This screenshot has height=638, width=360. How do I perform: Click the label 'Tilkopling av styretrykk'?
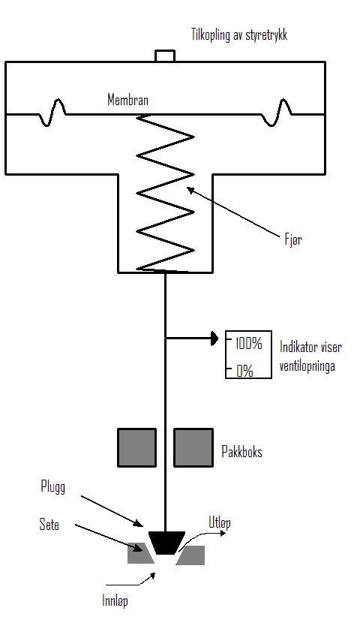click(x=239, y=35)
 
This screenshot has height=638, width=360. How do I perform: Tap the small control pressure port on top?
click(x=165, y=56)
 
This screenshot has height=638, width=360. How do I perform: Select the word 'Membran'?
click(x=127, y=100)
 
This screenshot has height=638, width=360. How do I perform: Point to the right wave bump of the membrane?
click(x=277, y=112)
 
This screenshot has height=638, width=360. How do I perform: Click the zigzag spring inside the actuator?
click(x=165, y=193)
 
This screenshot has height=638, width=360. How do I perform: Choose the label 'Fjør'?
click(x=293, y=239)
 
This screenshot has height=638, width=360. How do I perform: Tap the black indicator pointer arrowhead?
click(x=214, y=338)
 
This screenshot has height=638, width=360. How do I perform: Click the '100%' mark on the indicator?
click(x=248, y=344)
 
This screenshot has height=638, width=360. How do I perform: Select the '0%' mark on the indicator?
click(x=245, y=371)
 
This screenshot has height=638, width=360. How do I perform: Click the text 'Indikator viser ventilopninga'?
click(x=310, y=357)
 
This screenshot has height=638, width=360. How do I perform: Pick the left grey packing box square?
click(x=136, y=447)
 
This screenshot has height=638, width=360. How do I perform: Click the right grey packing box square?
click(x=193, y=447)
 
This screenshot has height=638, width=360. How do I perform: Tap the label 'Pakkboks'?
click(x=241, y=452)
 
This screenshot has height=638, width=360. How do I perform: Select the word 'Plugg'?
click(x=53, y=487)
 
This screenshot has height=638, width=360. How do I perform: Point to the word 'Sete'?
click(x=49, y=525)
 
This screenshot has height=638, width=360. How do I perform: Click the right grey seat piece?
click(x=190, y=555)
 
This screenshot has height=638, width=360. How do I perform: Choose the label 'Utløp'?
click(x=220, y=522)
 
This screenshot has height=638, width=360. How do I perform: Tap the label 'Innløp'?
click(x=115, y=601)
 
